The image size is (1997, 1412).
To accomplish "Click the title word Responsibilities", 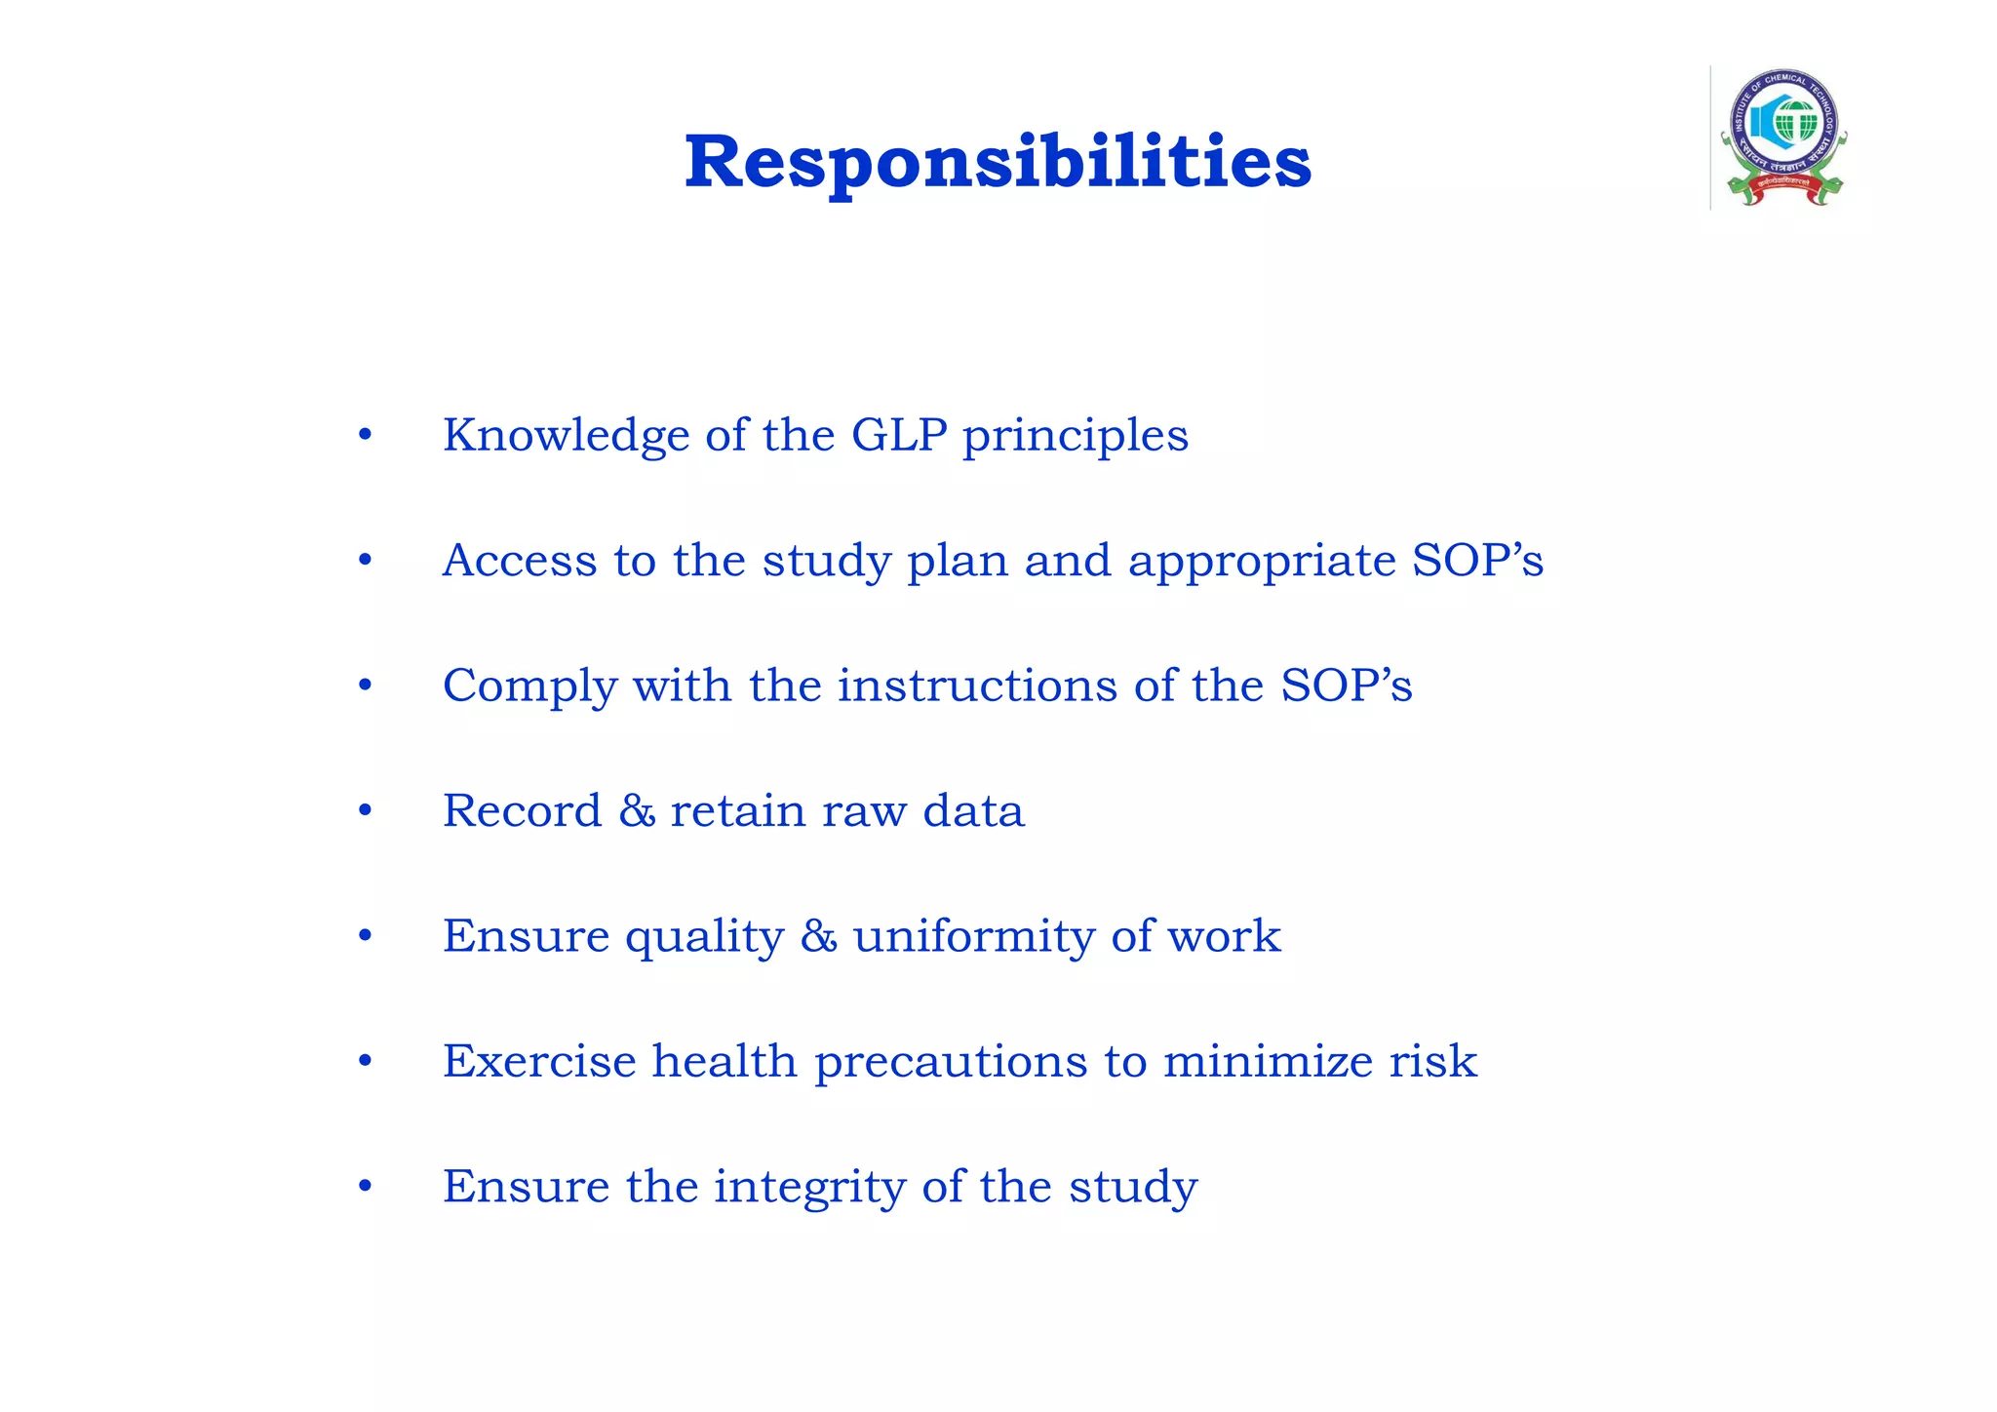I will pyautogui.click(x=998, y=163).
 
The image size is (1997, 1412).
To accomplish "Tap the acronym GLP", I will pyautogui.click(x=899, y=435).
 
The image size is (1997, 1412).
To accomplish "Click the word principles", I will pyautogui.click(x=1076, y=437).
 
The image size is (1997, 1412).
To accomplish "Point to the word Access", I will pyautogui.click(x=519, y=561).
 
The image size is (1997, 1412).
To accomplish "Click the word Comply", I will pyautogui.click(x=529, y=686).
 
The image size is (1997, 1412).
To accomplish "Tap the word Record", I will pyautogui.click(x=522, y=811).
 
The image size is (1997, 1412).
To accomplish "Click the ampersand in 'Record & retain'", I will pyautogui.click(x=637, y=811).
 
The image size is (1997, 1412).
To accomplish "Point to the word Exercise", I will pyautogui.click(x=538, y=1061).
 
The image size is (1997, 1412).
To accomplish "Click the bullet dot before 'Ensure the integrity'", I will pyautogui.click(x=365, y=1187).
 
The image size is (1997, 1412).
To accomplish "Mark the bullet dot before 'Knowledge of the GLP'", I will pyautogui.click(x=365, y=435).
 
